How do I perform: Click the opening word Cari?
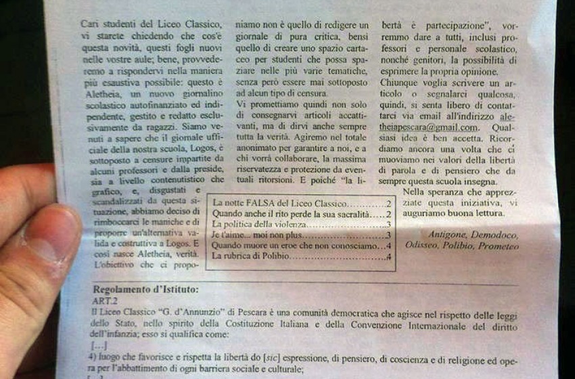(x=90, y=22)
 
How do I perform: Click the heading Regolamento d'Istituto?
(x=146, y=290)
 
